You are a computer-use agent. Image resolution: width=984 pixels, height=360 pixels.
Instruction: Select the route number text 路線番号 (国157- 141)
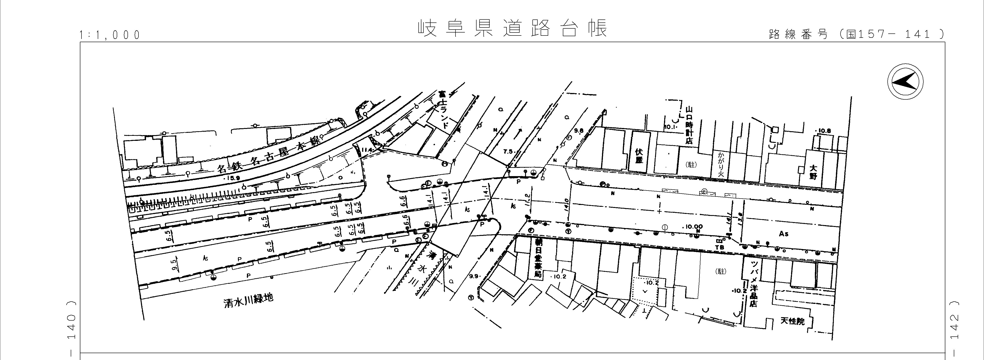pos(856,34)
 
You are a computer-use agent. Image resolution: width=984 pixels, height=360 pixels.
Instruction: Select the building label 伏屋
pos(639,155)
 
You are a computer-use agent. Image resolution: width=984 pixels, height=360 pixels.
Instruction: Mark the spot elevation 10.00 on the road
pos(692,227)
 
